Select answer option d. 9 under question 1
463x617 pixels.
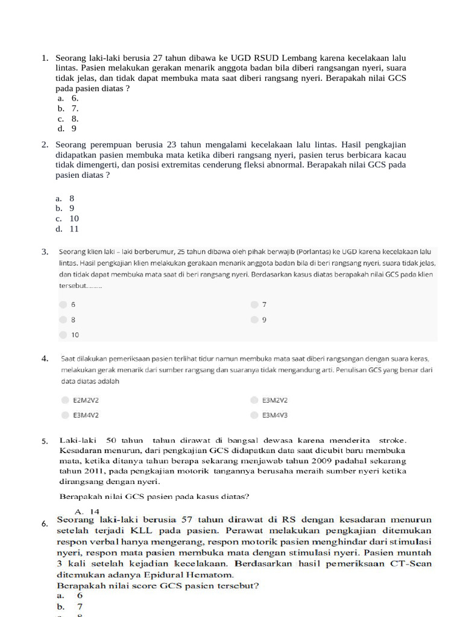pos(68,128)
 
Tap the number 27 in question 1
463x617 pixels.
pos(158,58)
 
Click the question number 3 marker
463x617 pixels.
pos(45,252)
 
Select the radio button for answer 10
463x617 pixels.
pos(63,334)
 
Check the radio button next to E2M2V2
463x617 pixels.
pos(65,399)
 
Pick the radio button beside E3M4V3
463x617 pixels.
pos(254,415)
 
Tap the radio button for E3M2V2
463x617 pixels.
pos(254,399)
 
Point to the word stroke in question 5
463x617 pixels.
pos(392,440)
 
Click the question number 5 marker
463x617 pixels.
pos(45,441)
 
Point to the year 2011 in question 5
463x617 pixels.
pos(92,471)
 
